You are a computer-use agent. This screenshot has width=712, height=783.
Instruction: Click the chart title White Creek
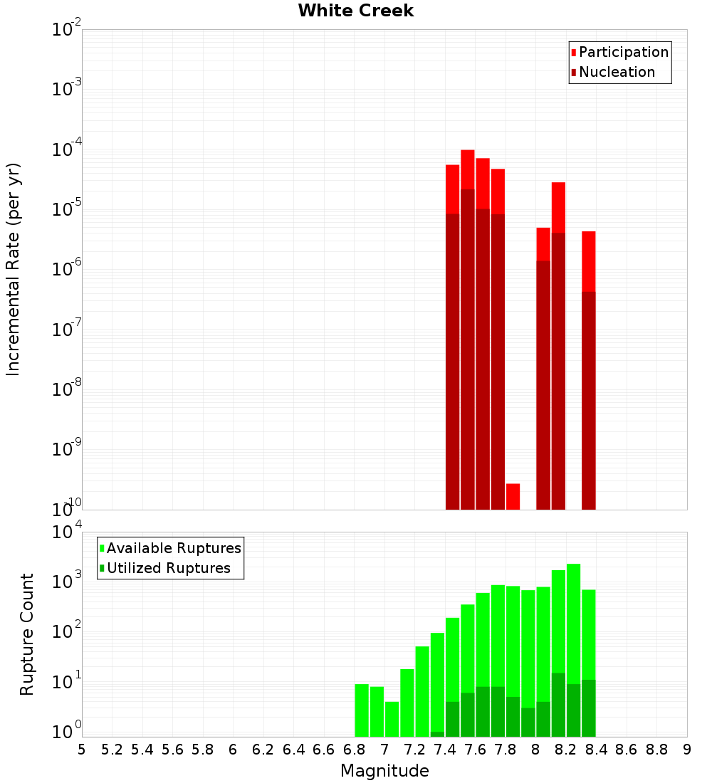355,11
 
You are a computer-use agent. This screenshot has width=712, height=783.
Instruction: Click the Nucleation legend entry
616,72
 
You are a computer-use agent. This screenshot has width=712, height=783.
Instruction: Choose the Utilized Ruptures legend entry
168,568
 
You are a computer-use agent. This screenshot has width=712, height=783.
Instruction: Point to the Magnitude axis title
384,771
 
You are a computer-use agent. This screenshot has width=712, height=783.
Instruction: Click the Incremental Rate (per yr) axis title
14,269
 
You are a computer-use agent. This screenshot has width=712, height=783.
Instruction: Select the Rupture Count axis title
27,634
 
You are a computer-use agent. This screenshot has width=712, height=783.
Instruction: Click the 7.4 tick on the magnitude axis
445,750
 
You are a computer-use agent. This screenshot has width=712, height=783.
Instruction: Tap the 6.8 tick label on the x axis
354,750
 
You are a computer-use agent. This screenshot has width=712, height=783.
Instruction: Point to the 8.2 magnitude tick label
566,750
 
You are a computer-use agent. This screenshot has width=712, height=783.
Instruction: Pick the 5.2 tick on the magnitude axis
112,750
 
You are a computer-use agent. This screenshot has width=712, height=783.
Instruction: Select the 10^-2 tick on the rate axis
66,30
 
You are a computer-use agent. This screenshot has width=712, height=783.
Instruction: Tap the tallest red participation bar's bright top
468,169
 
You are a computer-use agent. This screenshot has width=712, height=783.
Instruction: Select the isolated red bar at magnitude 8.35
588,261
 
